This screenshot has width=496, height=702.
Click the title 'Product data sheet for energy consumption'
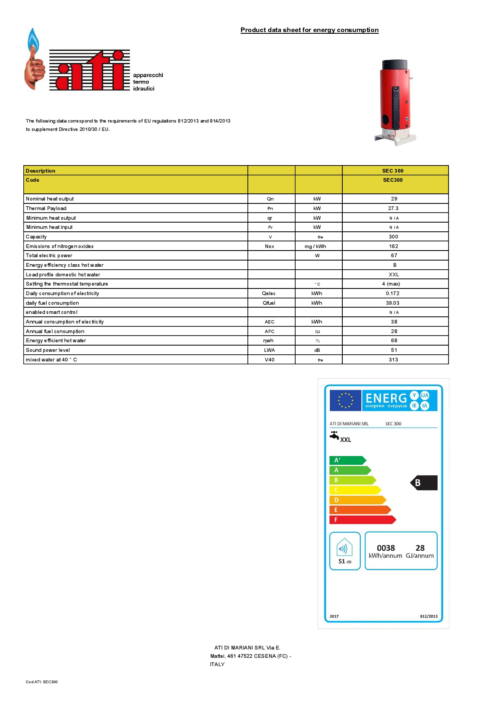click(309, 30)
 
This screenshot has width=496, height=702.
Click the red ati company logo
click(90, 70)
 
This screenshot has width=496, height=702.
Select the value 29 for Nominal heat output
click(394, 199)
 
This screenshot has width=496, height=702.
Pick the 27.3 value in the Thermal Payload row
click(393, 208)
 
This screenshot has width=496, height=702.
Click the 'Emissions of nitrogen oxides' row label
click(60, 246)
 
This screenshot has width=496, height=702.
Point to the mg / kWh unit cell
click(315, 246)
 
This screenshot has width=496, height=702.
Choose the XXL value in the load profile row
click(394, 275)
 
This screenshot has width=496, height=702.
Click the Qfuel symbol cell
click(269, 303)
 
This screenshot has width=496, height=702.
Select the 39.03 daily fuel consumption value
click(392, 303)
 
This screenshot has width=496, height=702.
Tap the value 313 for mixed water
click(393, 360)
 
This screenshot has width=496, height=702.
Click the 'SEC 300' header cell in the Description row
click(393, 171)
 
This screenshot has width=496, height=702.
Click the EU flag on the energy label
click(345, 401)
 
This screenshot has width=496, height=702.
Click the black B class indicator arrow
click(424, 483)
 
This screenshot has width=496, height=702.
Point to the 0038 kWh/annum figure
click(386, 548)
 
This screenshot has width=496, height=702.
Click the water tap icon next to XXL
click(334, 436)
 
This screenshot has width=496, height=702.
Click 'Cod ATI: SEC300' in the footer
click(42, 682)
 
